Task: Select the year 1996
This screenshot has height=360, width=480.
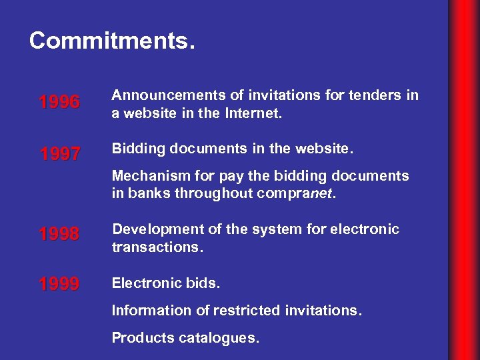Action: click(59, 103)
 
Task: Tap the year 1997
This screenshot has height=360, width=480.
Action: click(59, 155)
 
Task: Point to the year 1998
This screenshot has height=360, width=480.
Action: click(59, 235)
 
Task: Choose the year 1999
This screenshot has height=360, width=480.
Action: click(59, 285)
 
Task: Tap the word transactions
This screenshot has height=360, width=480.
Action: click(155, 247)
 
